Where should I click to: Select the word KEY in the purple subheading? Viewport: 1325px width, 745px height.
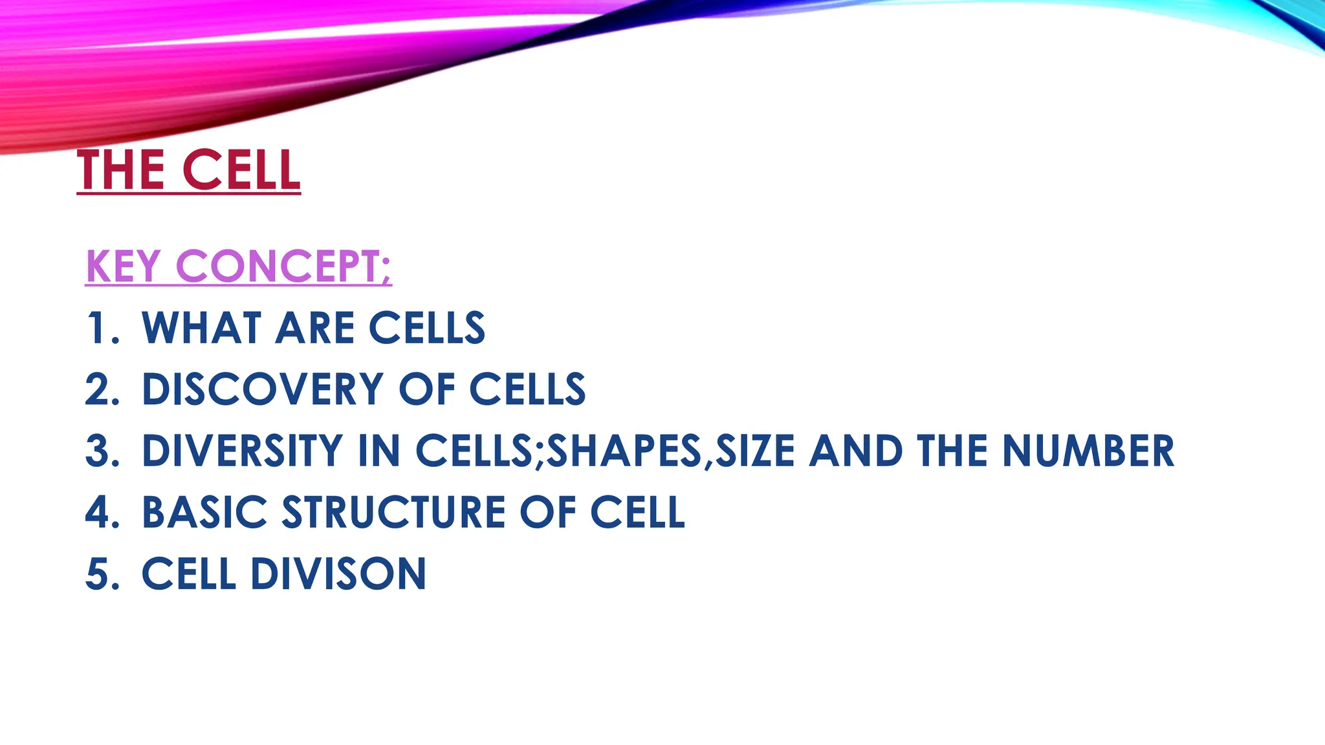[x=123, y=266]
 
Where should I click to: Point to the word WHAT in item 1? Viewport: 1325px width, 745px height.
[x=201, y=328]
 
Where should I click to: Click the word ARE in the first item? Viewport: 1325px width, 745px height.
[x=315, y=328]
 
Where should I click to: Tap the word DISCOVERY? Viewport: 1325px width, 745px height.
[x=263, y=389]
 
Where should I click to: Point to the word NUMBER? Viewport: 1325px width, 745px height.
[x=1088, y=451]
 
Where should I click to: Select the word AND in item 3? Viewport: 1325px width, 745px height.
[x=856, y=451]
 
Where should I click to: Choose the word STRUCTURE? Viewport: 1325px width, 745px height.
[x=393, y=512]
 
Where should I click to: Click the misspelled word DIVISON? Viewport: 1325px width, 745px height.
[x=338, y=574]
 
